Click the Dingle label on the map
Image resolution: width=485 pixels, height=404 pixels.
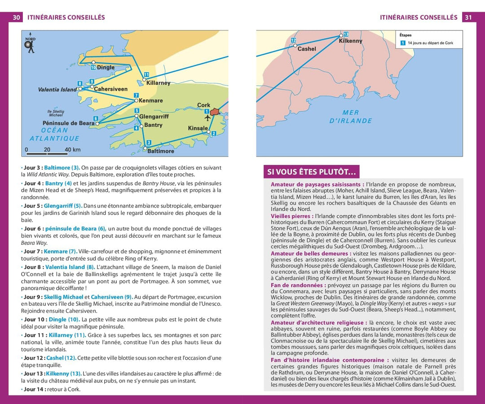(106, 68)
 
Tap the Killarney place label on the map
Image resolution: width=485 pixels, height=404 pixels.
(158, 83)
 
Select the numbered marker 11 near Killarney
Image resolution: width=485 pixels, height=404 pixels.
(146, 74)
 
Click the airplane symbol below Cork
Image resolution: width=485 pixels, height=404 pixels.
(207, 118)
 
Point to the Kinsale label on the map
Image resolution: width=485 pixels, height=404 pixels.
(198, 128)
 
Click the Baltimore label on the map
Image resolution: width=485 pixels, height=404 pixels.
(160, 151)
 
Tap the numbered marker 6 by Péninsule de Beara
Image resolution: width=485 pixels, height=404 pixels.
(96, 118)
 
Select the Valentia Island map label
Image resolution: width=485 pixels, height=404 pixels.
(57, 90)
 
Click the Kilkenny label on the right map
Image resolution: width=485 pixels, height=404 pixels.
(350, 41)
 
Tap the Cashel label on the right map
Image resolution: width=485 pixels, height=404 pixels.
(307, 49)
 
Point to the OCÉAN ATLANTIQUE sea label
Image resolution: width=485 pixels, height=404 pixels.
(54, 135)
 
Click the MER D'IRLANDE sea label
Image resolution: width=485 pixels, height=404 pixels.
(351, 117)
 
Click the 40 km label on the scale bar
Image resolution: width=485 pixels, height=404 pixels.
(72, 150)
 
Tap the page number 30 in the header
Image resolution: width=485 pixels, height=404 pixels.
(17, 17)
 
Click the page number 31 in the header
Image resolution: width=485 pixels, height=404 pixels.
(468, 17)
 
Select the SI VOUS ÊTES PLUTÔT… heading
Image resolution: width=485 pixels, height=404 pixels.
(312, 172)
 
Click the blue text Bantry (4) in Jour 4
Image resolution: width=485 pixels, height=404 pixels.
(58, 183)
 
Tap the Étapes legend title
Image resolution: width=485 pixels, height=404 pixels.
(405, 35)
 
